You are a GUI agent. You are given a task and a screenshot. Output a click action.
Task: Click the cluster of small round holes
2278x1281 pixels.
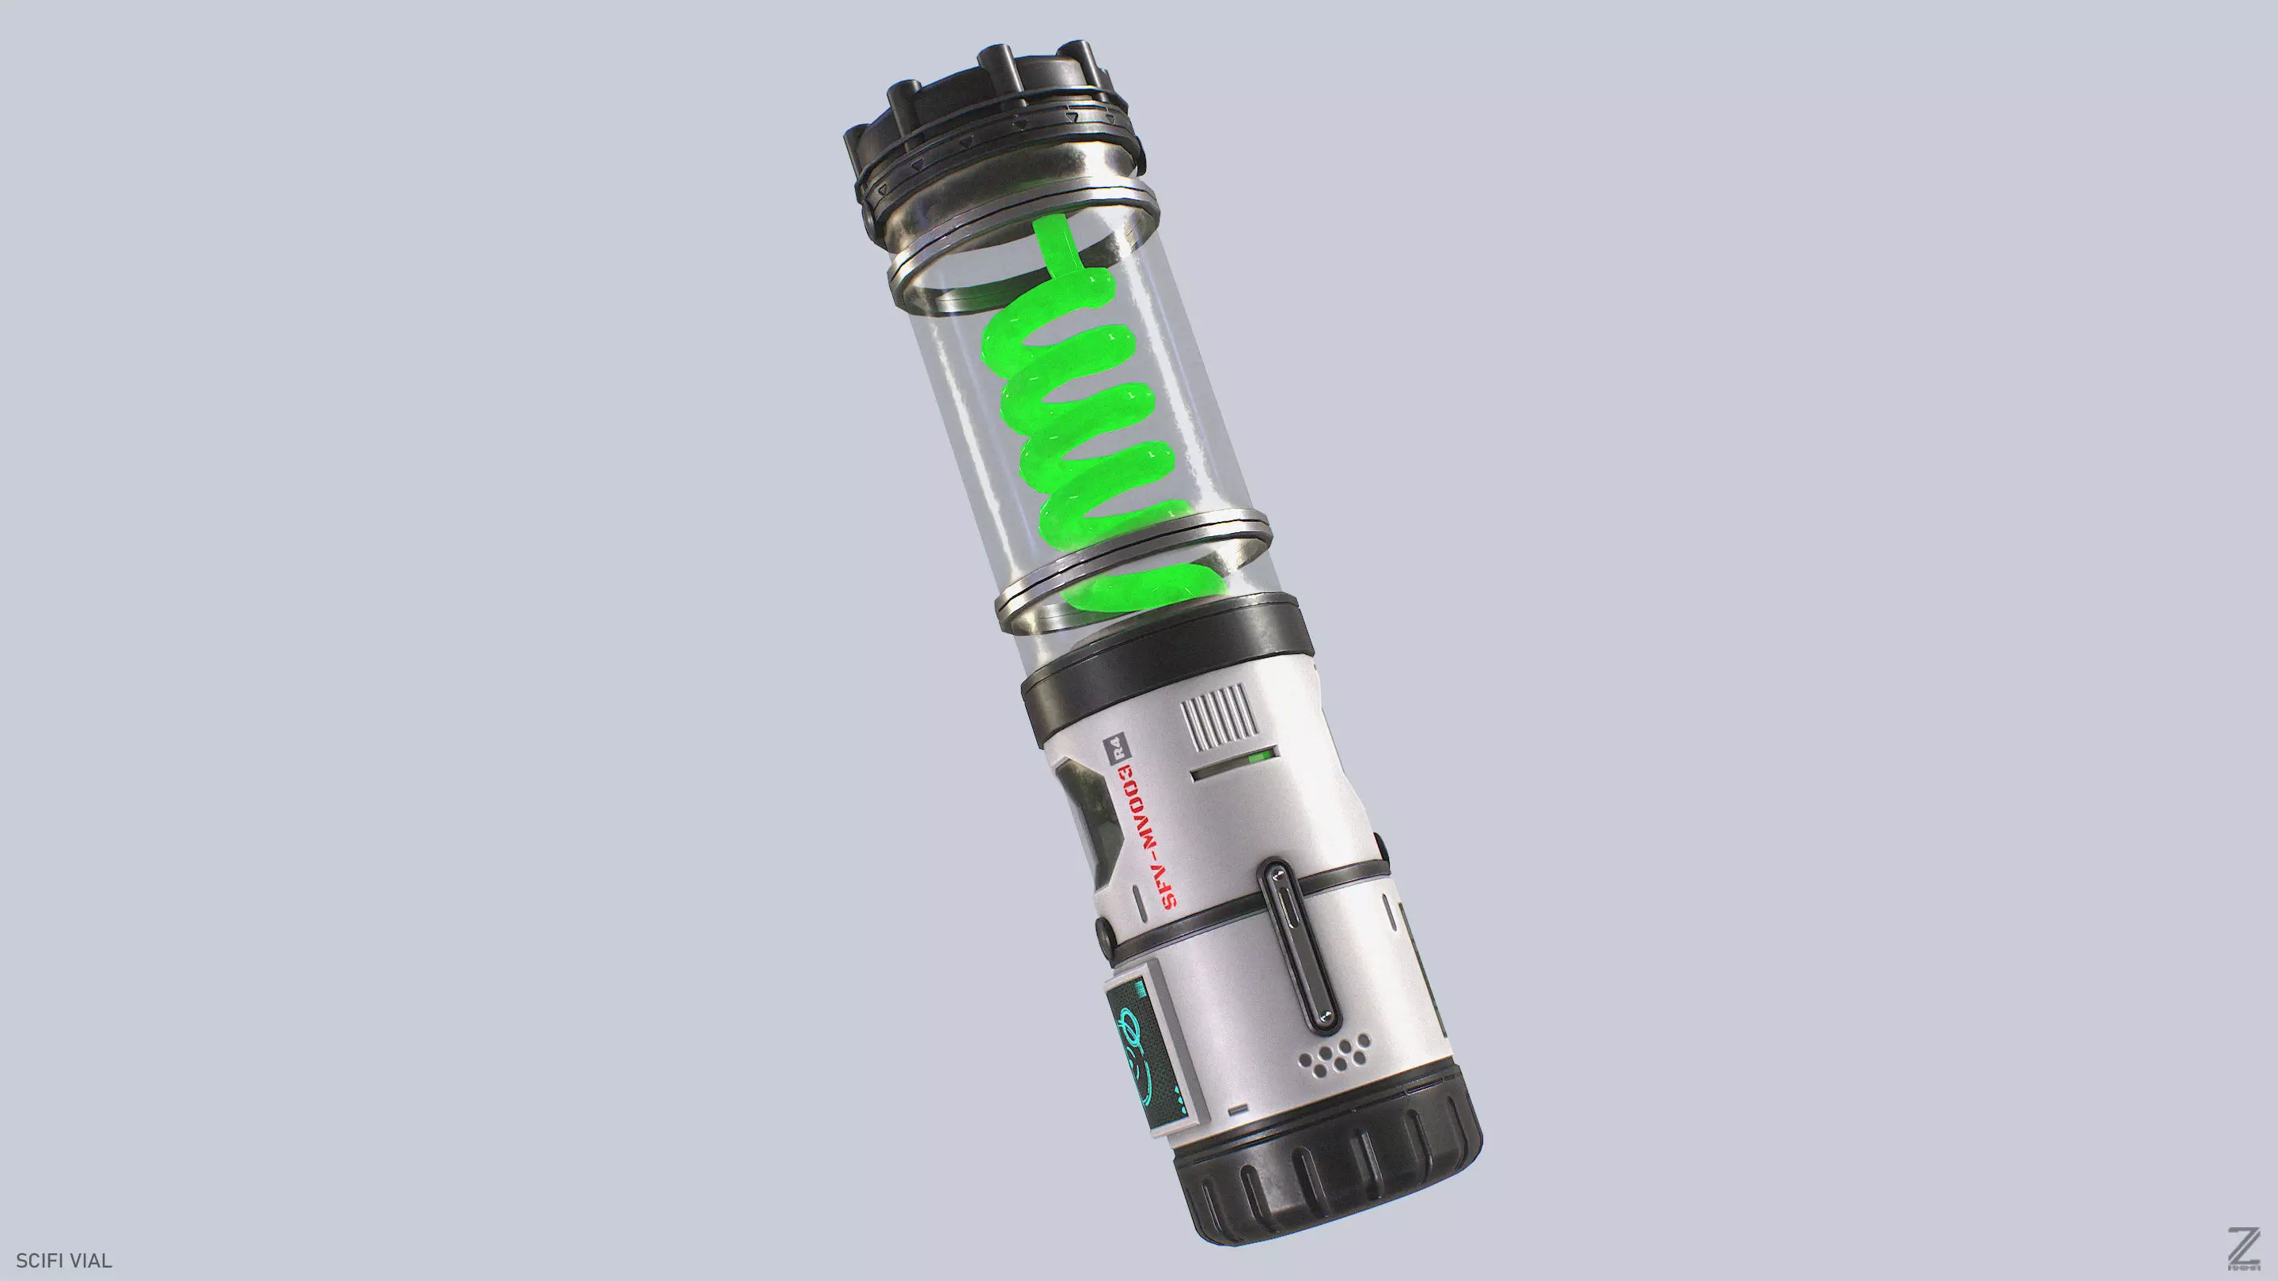1336,1056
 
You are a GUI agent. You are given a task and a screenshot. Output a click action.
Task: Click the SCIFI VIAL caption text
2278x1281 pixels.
63,1260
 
